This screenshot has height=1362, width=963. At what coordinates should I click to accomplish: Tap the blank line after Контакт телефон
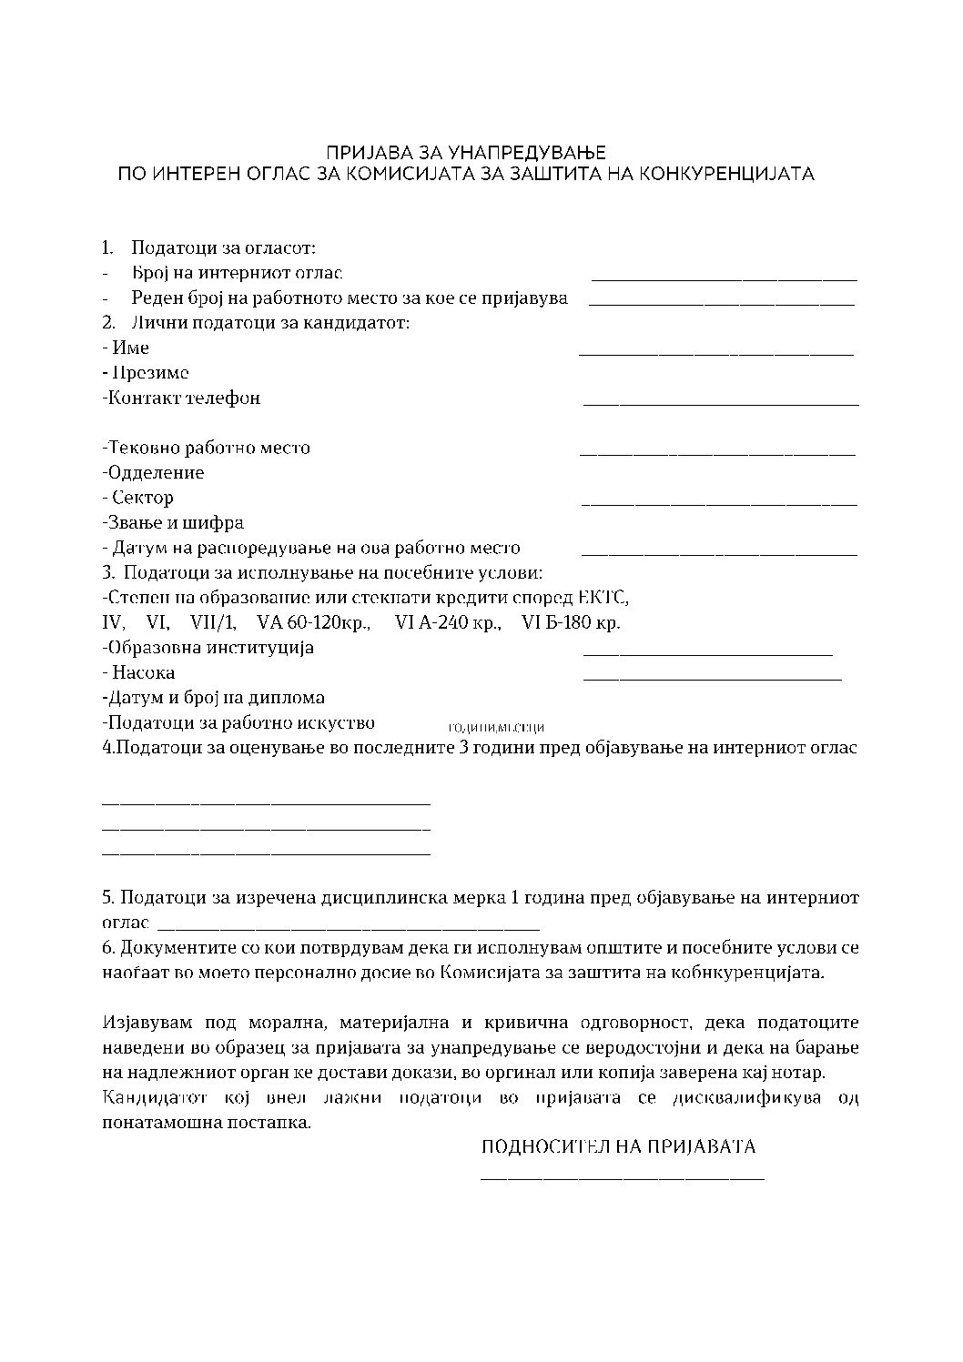click(720, 404)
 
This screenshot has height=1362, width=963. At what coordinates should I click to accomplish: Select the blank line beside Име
click(716, 354)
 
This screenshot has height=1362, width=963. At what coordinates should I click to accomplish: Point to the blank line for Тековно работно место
click(717, 454)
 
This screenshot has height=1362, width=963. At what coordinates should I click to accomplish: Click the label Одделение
click(154, 473)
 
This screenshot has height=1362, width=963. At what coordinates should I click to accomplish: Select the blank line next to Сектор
click(719, 504)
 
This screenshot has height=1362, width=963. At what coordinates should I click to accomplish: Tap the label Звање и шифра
click(173, 523)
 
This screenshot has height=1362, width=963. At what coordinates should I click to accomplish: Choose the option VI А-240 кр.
click(449, 623)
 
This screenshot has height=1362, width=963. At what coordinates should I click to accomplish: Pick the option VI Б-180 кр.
click(572, 623)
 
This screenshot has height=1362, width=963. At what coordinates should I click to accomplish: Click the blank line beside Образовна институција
click(707, 654)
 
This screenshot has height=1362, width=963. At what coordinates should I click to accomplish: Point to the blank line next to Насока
click(712, 679)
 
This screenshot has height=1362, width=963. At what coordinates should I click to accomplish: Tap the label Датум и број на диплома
click(214, 698)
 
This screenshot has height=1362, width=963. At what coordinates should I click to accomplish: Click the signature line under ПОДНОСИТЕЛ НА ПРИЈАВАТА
click(622, 1180)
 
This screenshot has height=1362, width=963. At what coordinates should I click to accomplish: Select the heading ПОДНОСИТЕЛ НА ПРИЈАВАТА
click(618, 1147)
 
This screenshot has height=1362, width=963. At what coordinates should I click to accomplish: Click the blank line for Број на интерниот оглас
click(725, 279)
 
